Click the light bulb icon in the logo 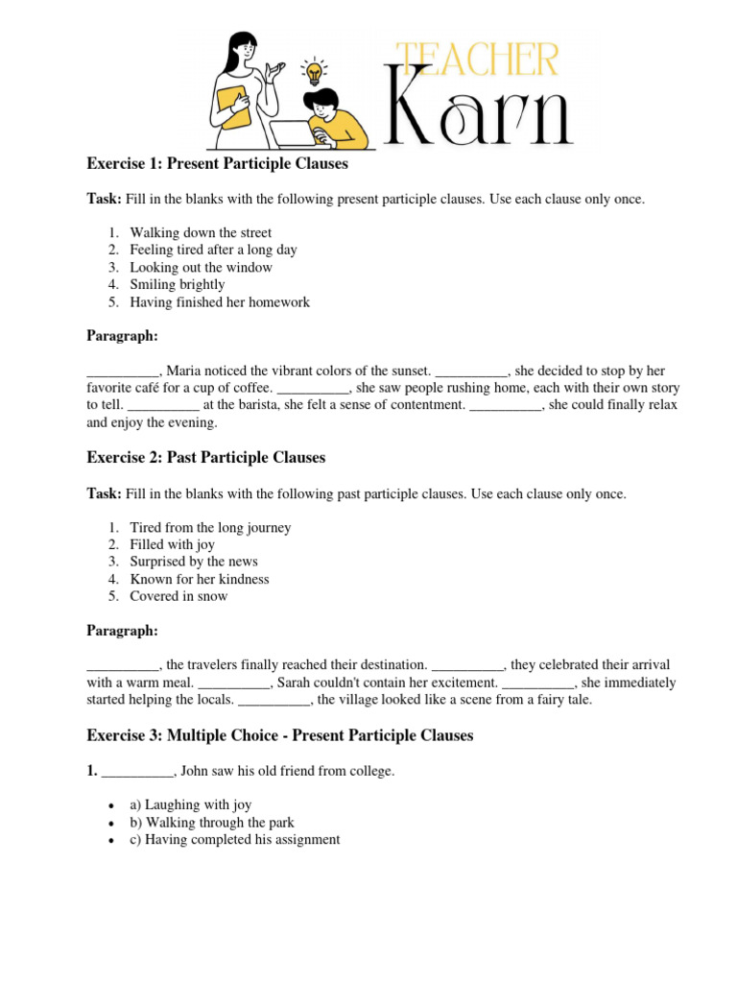(313, 71)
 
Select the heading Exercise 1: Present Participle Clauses (217, 164)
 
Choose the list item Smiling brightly (178, 284)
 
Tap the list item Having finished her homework (220, 301)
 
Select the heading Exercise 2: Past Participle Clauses (205, 458)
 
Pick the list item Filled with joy (172, 544)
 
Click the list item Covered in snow (178, 596)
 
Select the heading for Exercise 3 (279, 735)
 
